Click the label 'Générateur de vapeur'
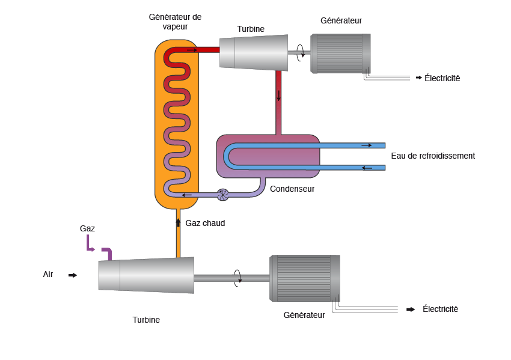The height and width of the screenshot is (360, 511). tap(175, 22)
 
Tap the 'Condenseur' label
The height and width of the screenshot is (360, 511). tap(292, 189)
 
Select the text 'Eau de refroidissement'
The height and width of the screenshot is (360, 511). tap(433, 156)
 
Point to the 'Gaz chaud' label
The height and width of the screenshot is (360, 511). tap(205, 223)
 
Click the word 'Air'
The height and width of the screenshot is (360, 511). tap(48, 274)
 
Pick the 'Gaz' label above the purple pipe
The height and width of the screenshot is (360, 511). tap(87, 228)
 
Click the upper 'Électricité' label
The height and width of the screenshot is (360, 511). tap(442, 78)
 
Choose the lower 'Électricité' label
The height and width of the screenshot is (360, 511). tap(440, 309)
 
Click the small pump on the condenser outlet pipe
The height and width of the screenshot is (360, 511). tap(222, 194)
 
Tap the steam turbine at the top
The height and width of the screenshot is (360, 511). tap(253, 52)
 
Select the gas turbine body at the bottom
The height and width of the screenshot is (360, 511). tap(146, 275)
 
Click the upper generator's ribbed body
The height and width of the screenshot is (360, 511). tap(340, 53)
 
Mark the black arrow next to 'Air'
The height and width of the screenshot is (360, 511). tap(73, 275)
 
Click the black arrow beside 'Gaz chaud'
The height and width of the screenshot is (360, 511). tap(178, 222)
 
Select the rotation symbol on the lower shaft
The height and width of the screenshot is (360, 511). tap(238, 278)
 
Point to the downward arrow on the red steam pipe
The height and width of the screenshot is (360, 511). tap(279, 95)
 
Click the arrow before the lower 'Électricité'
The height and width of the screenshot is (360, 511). tap(411, 310)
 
